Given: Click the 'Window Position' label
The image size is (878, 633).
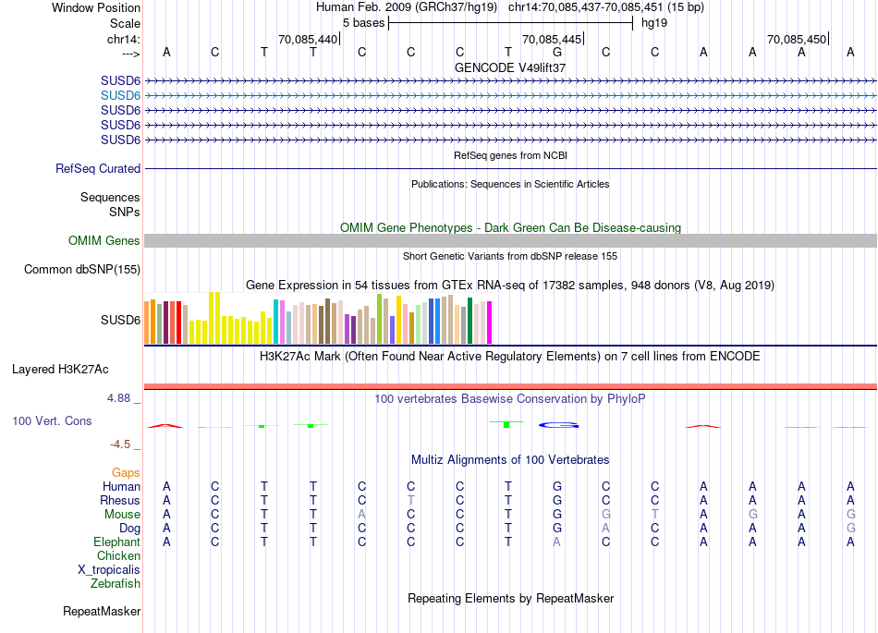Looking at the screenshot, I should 96,7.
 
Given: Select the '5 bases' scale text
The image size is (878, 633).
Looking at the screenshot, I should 363,22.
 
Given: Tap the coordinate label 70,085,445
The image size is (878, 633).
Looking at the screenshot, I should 552,39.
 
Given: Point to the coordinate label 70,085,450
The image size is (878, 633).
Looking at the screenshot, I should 797,39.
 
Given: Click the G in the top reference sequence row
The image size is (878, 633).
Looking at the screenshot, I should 557,52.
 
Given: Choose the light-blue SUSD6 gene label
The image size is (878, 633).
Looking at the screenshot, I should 120,95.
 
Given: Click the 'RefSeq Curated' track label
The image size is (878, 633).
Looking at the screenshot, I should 98,169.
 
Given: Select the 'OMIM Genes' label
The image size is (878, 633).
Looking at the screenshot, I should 104,241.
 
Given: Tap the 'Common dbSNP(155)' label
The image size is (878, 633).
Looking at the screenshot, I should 83,270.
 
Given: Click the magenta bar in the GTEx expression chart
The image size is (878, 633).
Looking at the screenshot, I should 489,322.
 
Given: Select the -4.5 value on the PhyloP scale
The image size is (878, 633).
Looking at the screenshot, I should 121,444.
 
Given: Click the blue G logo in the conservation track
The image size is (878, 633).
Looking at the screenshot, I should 558,425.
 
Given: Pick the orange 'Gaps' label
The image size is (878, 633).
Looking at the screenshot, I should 126,473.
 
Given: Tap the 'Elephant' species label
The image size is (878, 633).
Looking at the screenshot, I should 116,542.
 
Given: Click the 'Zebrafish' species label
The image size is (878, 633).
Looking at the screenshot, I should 116,584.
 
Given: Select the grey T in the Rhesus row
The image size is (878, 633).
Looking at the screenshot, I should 410,500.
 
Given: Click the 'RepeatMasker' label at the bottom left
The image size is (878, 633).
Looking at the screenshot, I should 102,612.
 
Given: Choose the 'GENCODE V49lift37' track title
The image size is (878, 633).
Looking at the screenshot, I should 510,68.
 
